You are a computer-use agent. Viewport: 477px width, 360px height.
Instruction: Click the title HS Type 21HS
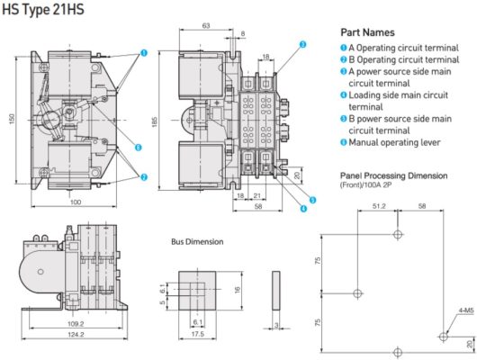tap(43, 9)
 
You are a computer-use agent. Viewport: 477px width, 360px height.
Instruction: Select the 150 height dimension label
tap(12, 119)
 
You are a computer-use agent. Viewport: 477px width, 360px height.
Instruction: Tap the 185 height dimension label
tap(154, 122)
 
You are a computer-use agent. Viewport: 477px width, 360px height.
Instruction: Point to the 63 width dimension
tap(206, 25)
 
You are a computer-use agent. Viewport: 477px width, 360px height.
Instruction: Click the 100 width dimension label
tap(76, 202)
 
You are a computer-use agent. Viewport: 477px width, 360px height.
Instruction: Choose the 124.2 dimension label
tap(76, 335)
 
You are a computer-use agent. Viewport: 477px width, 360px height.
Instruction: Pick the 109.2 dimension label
tap(76, 324)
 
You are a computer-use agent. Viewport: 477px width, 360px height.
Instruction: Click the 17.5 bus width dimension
tap(197, 334)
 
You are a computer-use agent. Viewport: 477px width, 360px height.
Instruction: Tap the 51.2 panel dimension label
tap(379, 206)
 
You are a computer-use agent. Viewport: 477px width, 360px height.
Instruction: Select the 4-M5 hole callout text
tap(466, 310)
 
